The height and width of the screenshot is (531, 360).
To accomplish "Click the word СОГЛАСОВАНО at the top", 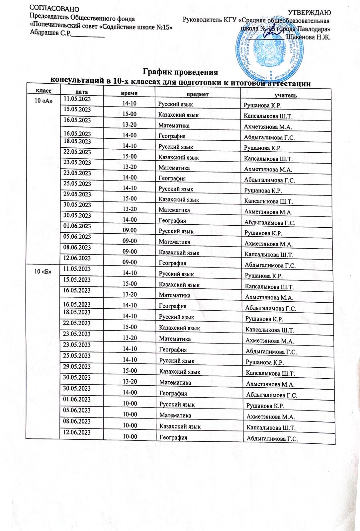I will tap(54, 9).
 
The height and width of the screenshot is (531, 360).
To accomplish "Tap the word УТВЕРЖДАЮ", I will tap(309, 13).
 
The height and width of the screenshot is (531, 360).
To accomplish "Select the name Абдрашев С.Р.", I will tap(50, 33).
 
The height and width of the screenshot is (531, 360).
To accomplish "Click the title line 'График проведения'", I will tap(180, 72).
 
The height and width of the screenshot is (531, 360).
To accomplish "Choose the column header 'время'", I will tap(129, 93).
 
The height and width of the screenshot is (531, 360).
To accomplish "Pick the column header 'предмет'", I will tap(197, 94).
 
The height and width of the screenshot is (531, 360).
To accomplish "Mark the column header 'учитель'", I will tap(286, 96).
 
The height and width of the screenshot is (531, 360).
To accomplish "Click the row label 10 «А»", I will tap(44, 101).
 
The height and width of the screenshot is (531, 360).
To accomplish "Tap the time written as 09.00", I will tap(130, 230).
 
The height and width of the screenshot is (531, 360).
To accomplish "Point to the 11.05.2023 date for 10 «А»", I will tap(77, 99).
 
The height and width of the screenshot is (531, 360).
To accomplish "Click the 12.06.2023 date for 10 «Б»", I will tap(77, 432).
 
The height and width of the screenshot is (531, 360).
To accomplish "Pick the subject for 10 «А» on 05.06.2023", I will tap(174, 242).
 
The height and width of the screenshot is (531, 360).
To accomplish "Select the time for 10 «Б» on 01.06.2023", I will tap(130, 404).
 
